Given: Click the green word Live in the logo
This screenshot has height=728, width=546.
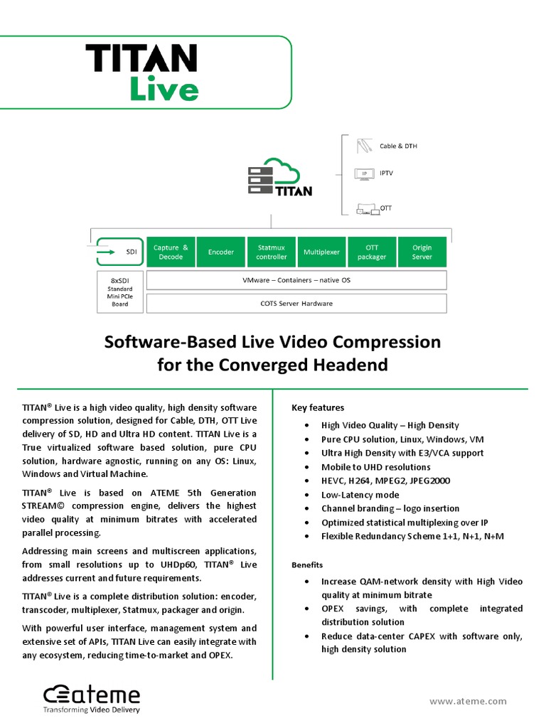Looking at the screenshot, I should (164, 90).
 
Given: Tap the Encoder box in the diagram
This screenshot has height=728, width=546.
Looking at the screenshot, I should (221, 252).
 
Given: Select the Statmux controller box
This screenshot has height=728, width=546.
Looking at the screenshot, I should (272, 252).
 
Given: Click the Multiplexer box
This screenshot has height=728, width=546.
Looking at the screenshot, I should (321, 252).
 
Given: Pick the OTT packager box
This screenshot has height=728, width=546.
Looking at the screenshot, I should (372, 252).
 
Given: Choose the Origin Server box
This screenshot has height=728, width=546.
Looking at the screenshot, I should (422, 252).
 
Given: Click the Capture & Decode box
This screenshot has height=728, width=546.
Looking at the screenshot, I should (171, 252).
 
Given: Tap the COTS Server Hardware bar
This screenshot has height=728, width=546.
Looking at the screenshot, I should (296, 304).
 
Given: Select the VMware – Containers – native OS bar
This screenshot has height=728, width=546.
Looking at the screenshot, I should (296, 280).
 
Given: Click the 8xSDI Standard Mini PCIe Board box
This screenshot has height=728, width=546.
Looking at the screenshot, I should (119, 291).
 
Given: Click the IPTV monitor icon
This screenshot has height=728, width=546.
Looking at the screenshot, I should (365, 173).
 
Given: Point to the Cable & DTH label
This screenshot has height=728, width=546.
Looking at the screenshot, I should (398, 146).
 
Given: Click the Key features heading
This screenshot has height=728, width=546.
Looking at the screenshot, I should (318, 407).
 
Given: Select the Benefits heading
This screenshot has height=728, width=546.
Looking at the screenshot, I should (307, 565).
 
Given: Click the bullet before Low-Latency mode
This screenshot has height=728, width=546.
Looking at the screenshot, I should (306, 495).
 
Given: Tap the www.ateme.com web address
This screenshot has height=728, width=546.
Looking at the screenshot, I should (468, 701).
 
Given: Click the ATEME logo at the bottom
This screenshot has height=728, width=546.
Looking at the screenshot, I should (92, 698).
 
